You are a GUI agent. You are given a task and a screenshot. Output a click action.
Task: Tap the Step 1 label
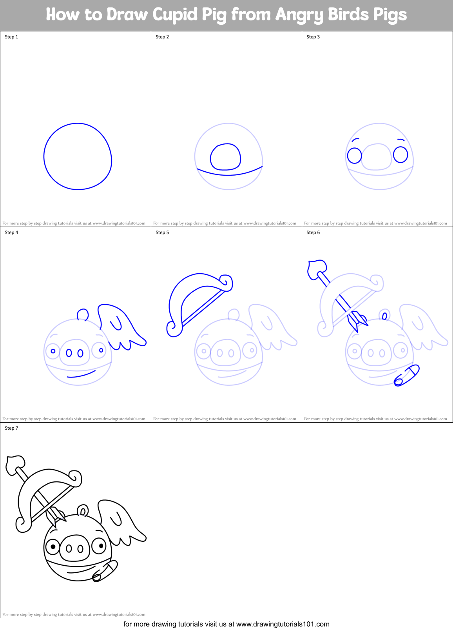pyautogui.click(x=11, y=37)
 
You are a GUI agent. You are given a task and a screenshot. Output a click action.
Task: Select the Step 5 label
pyautogui.click(x=162, y=232)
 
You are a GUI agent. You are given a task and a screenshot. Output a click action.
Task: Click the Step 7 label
pyautogui.click(x=11, y=428)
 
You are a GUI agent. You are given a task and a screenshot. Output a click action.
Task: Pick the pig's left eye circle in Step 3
pyautogui.click(x=354, y=155)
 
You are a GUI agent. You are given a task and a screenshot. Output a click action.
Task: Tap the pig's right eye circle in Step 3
pyautogui.click(x=400, y=154)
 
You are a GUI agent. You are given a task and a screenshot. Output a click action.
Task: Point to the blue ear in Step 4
pyautogui.click(x=83, y=314)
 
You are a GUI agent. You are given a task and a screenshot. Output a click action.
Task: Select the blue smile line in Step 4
pyautogui.click(x=81, y=374)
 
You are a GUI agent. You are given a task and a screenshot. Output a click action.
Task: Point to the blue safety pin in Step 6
pyautogui.click(x=407, y=375)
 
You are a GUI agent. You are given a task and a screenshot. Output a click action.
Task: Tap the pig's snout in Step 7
pyautogui.click(x=74, y=548)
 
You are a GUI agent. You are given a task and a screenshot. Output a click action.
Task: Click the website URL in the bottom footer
pyautogui.click(x=283, y=624)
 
